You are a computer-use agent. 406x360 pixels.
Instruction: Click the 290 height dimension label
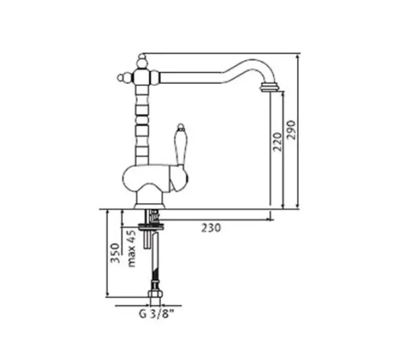[292, 130]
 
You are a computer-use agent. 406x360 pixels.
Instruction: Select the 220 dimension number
[277, 142]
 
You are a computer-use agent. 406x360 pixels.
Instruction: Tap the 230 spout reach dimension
[211, 228]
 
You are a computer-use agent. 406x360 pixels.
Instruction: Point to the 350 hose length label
[115, 253]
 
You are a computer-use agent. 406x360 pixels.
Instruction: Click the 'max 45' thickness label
[132, 248]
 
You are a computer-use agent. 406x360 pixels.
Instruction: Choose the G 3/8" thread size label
[156, 313]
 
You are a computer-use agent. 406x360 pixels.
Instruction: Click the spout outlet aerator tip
[270, 87]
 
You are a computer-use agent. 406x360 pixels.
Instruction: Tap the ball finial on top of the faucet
[141, 62]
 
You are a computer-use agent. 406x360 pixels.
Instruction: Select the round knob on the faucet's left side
[122, 77]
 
